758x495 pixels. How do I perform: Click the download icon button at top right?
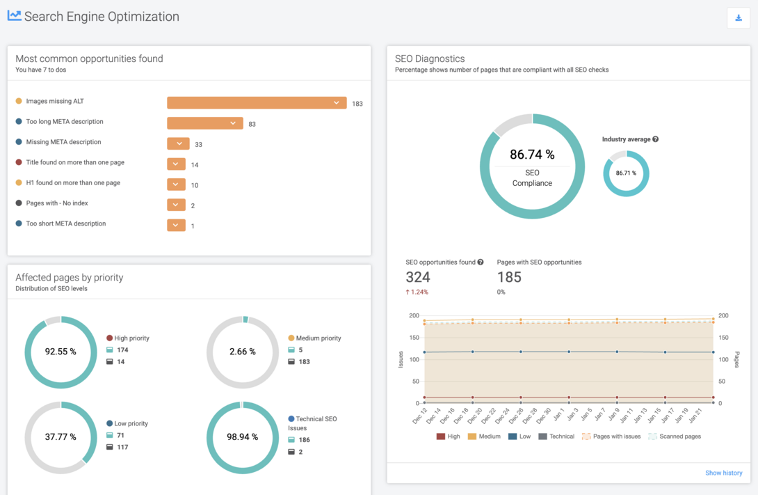739,18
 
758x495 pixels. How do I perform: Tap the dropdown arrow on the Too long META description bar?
233,123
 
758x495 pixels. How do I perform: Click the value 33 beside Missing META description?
198,145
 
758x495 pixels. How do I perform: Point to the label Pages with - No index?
56,203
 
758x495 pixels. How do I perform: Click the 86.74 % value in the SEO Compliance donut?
532,155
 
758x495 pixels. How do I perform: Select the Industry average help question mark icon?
655,139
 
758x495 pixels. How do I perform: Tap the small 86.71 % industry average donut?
626,173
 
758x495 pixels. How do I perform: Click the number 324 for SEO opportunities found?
417,277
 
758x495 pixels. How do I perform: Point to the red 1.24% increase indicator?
417,292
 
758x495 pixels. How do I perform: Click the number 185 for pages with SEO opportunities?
509,277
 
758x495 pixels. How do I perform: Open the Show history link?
723,473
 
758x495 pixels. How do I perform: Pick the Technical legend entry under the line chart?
556,437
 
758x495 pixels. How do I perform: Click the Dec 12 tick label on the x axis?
420,416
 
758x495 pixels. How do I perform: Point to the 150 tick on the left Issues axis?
414,338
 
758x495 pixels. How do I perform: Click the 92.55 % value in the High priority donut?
61,352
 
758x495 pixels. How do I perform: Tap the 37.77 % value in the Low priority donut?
61,437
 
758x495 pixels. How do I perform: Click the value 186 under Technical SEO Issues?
304,440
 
